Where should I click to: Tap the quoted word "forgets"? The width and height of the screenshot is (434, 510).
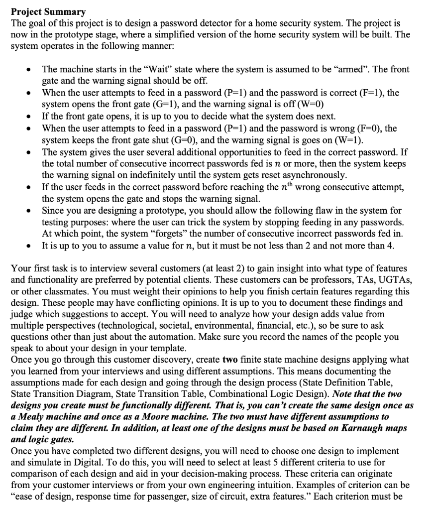pyautogui.click(x=154, y=234)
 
